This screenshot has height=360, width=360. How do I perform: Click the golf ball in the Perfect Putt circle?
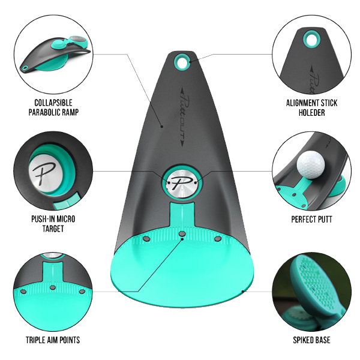click(x=311, y=164)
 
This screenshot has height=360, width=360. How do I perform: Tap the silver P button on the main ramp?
click(x=182, y=182)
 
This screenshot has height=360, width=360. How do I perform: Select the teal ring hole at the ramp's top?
click(x=182, y=61)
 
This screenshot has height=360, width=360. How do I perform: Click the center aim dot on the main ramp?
click(x=182, y=234)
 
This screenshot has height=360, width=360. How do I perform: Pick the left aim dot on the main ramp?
click(x=146, y=239)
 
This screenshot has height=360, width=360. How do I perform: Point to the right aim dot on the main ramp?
click(x=217, y=239)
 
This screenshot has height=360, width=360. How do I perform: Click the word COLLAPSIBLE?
click(x=53, y=103)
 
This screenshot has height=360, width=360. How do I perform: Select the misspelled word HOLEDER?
click(x=311, y=113)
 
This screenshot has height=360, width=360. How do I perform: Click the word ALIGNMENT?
click(x=301, y=103)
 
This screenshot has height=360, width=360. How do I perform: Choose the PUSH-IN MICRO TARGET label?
click(x=53, y=224)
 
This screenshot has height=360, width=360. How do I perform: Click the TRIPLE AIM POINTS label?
click(x=53, y=340)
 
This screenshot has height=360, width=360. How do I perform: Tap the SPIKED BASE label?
click(x=311, y=340)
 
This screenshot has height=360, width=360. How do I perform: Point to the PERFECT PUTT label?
click(x=311, y=219)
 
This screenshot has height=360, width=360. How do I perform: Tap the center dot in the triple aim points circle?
click(x=53, y=287)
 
